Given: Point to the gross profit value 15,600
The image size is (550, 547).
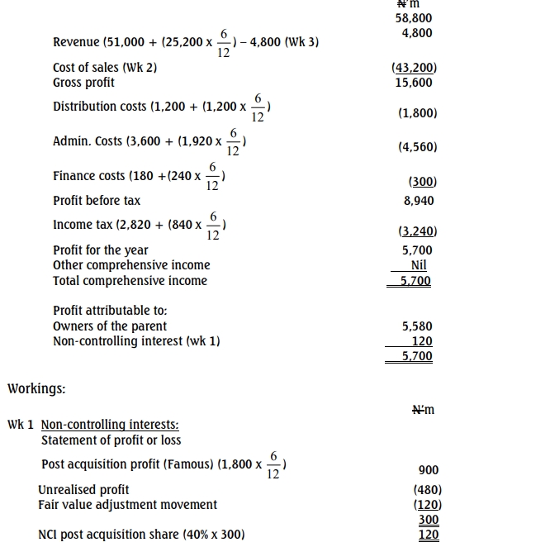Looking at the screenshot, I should pos(414,83).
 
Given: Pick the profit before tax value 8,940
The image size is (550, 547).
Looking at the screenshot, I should pos(418,200).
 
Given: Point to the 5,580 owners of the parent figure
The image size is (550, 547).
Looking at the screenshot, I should pos(417,326).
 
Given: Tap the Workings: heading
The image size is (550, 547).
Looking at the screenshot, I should pos(36,388).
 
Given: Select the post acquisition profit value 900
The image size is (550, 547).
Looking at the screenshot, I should pos(429,470).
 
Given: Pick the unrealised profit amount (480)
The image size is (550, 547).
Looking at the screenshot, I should pos(427,490).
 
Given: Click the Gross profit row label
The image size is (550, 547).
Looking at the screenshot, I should pos(83,83).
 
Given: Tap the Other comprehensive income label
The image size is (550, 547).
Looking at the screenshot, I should pos(131,265).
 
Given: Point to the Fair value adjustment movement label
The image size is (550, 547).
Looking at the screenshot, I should pos(127,505).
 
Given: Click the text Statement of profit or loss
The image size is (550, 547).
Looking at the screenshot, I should pos(111,440).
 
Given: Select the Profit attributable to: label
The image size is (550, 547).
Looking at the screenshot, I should pos(110,311).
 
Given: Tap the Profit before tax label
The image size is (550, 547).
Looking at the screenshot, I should pos(97,200).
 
